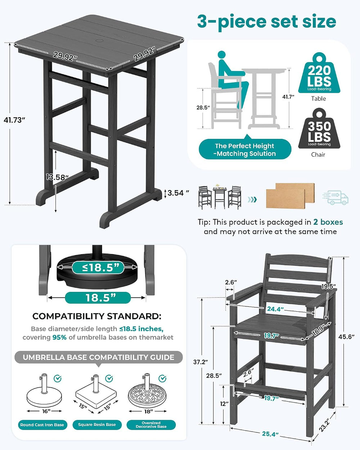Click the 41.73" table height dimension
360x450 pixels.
point(14,120)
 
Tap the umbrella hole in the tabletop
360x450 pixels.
point(99,40)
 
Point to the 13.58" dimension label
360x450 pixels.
point(57,177)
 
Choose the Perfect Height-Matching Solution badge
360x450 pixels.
point(245,149)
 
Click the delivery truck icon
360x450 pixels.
point(336,197)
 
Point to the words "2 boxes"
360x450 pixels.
point(328,222)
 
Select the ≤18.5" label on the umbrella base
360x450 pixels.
point(98,267)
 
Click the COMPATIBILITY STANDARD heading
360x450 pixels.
point(97,316)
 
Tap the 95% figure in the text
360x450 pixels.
point(59,337)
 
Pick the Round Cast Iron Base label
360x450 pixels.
point(42,425)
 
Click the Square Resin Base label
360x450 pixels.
point(97,425)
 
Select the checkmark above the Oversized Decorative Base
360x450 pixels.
point(162,378)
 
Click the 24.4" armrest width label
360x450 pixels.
point(275,309)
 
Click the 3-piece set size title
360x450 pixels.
point(266,22)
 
